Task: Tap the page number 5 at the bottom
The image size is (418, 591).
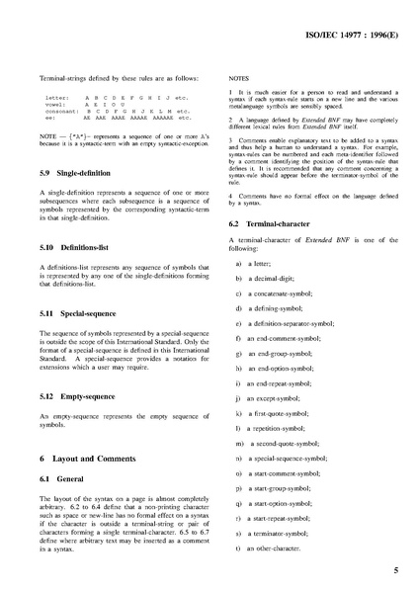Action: (395, 570)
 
